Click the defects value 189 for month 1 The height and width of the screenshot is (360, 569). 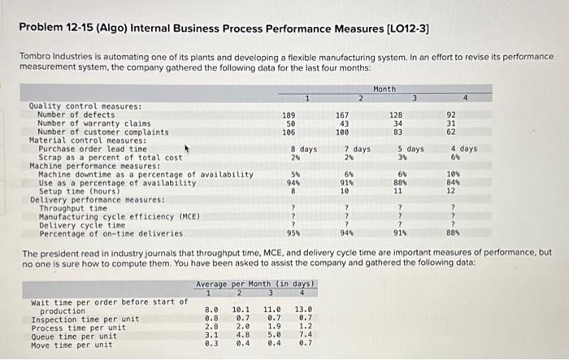coord(288,115)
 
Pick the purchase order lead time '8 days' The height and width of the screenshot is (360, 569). coord(304,150)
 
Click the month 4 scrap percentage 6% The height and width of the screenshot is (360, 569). coord(457,158)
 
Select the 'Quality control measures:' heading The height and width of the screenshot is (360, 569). coord(85,106)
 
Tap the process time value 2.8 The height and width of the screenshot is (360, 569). coord(211,327)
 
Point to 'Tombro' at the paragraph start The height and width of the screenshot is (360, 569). coord(34,56)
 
